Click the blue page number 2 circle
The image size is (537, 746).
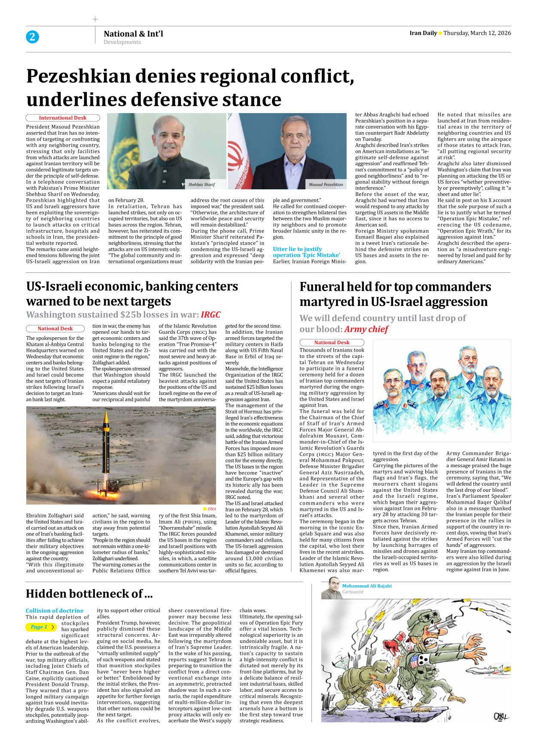pos(32,37)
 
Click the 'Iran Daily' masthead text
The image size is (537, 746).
pos(423,33)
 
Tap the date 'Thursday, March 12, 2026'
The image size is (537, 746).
pos(477,33)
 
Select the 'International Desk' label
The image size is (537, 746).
pos(63,118)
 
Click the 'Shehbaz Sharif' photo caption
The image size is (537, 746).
pos(201,185)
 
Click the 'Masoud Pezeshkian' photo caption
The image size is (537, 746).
pos(326,185)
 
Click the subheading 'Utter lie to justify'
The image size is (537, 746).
pos(297,249)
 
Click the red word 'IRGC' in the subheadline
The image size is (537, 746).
pos(211,315)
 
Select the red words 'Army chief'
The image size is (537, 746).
pos(366,330)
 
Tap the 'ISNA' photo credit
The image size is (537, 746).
pos(211,509)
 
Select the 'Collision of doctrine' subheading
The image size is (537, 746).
pos(55,610)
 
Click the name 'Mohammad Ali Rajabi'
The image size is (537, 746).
pos(366,586)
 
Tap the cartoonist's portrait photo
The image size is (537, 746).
pos(331,588)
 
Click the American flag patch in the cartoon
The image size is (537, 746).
pos(415,660)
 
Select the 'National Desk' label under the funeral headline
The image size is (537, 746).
pos(332,342)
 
